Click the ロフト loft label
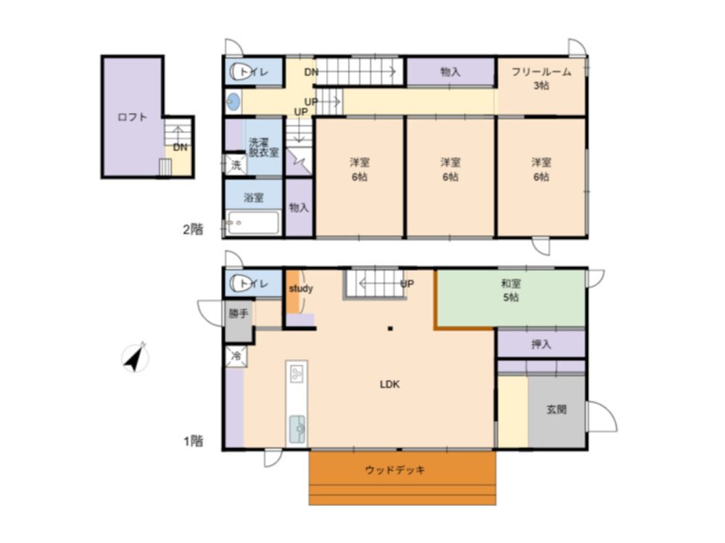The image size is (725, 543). (132, 117)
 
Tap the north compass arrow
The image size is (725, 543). (135, 358)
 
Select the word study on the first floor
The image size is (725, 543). (301, 289)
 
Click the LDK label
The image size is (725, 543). (390, 384)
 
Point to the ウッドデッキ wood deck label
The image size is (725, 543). (395, 470)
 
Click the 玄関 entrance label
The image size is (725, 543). (556, 410)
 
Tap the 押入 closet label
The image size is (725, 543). (541, 345)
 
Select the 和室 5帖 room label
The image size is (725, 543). (511, 290)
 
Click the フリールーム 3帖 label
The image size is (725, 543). (542, 78)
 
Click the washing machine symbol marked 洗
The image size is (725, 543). (236, 165)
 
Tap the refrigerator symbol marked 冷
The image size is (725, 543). (236, 356)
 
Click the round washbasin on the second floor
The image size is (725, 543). (233, 101)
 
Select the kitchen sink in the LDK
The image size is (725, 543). (297, 429)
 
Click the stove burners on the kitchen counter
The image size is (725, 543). (297, 373)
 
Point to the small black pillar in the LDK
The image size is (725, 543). (390, 329)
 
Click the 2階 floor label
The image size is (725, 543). (193, 229)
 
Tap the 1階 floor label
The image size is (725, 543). (194, 441)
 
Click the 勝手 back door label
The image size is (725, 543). (239, 314)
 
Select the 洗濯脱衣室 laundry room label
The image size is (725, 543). (264, 147)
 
